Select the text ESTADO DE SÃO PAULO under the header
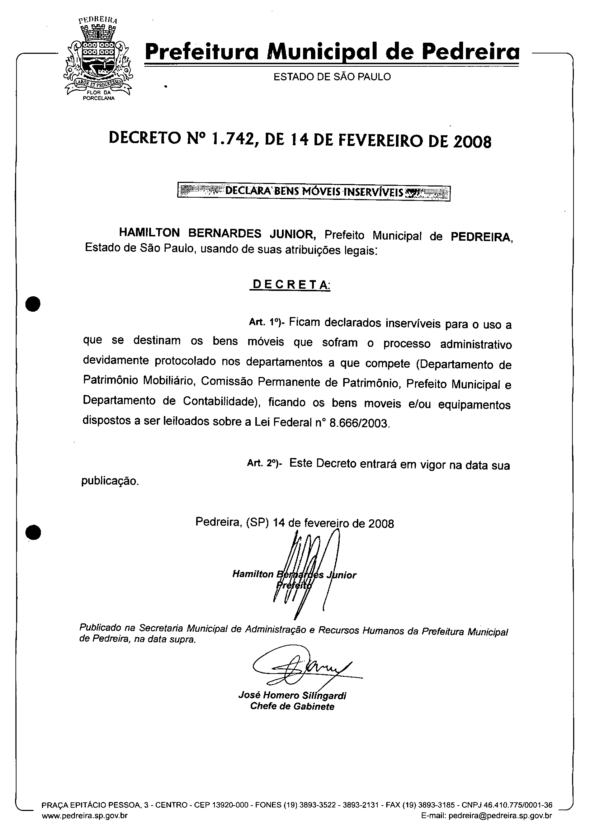332,77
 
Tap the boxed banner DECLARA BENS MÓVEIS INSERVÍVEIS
313,192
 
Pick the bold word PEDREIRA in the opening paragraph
481,237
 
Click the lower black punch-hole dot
33,533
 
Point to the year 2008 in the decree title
472,141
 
